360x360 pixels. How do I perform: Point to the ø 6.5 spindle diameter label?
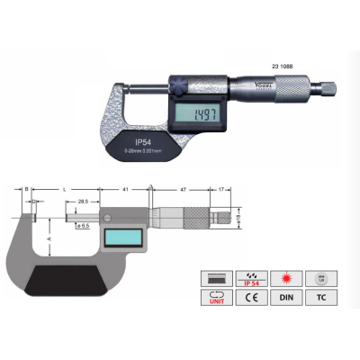tap(84, 224)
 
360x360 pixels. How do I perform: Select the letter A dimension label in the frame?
tap(49, 239)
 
